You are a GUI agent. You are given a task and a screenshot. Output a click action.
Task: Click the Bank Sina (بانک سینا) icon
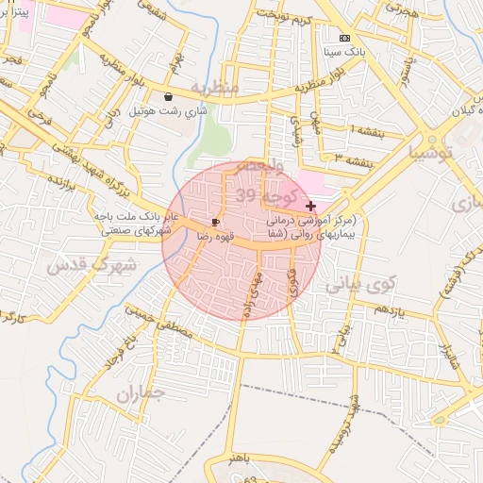[x=343, y=39]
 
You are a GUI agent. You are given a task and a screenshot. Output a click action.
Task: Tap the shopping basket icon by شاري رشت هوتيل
[x=168, y=96]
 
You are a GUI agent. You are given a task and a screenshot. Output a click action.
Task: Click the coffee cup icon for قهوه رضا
[x=216, y=223]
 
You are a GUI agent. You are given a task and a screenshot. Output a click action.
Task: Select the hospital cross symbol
[x=310, y=205]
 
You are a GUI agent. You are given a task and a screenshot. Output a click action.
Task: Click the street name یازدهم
[x=388, y=310]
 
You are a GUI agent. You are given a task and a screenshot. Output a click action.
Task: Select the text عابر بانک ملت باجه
[x=132, y=216]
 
